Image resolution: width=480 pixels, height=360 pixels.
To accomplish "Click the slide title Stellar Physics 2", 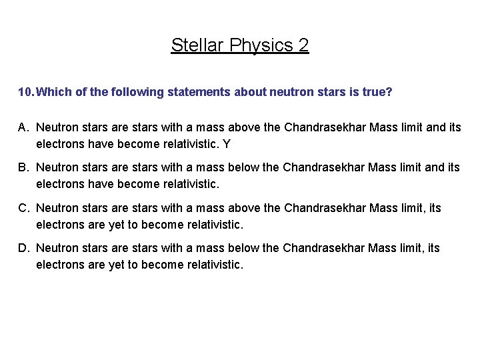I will tap(240, 45).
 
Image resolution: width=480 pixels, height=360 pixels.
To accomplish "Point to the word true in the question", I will tap(377, 92).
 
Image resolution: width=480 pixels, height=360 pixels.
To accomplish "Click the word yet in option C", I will tap(117, 225).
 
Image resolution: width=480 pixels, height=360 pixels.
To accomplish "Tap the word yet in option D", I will tap(117, 265).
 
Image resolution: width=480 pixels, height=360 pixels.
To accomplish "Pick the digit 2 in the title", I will tap(303, 45).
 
